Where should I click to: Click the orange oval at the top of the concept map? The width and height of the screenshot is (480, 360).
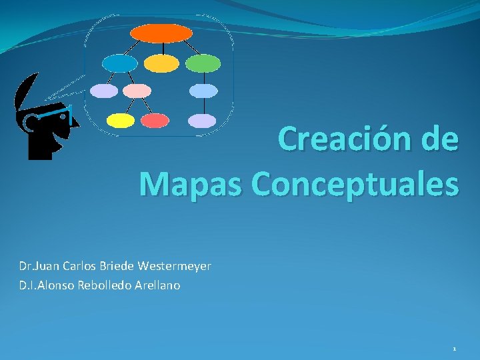161,33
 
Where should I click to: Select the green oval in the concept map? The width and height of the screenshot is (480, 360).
203,63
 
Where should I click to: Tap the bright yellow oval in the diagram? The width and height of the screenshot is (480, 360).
121,121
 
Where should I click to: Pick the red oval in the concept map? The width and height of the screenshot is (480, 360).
155,121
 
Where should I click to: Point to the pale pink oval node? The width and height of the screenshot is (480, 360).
138,91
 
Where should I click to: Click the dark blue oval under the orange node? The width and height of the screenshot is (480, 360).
120,63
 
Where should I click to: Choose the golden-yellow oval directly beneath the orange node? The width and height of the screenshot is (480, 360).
162,63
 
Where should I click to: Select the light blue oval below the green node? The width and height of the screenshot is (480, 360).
203,91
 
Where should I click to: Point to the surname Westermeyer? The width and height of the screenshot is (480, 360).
175,266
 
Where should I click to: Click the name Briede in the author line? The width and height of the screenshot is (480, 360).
116,266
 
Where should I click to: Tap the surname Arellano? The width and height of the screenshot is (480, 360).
158,285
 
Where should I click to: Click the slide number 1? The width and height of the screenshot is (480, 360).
454,349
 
